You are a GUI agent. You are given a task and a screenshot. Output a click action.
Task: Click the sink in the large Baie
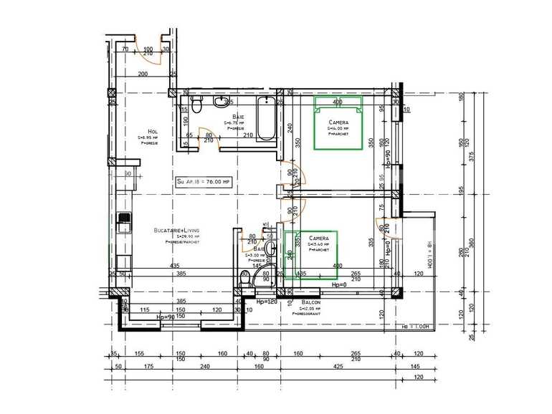pos(220,103)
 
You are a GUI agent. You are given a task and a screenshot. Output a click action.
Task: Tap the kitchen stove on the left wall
pos(124,223)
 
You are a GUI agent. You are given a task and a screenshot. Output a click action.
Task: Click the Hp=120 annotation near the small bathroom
pos(266,302)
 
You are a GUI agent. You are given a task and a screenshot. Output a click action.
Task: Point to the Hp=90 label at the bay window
pos(166,316)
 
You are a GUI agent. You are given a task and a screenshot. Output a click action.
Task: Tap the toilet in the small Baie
pos(245,281)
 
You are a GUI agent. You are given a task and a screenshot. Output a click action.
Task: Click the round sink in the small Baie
pos(270,249)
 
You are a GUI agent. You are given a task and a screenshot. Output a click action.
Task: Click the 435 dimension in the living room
pos(175,266)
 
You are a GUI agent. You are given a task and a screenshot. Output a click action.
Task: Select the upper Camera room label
pos(338,122)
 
